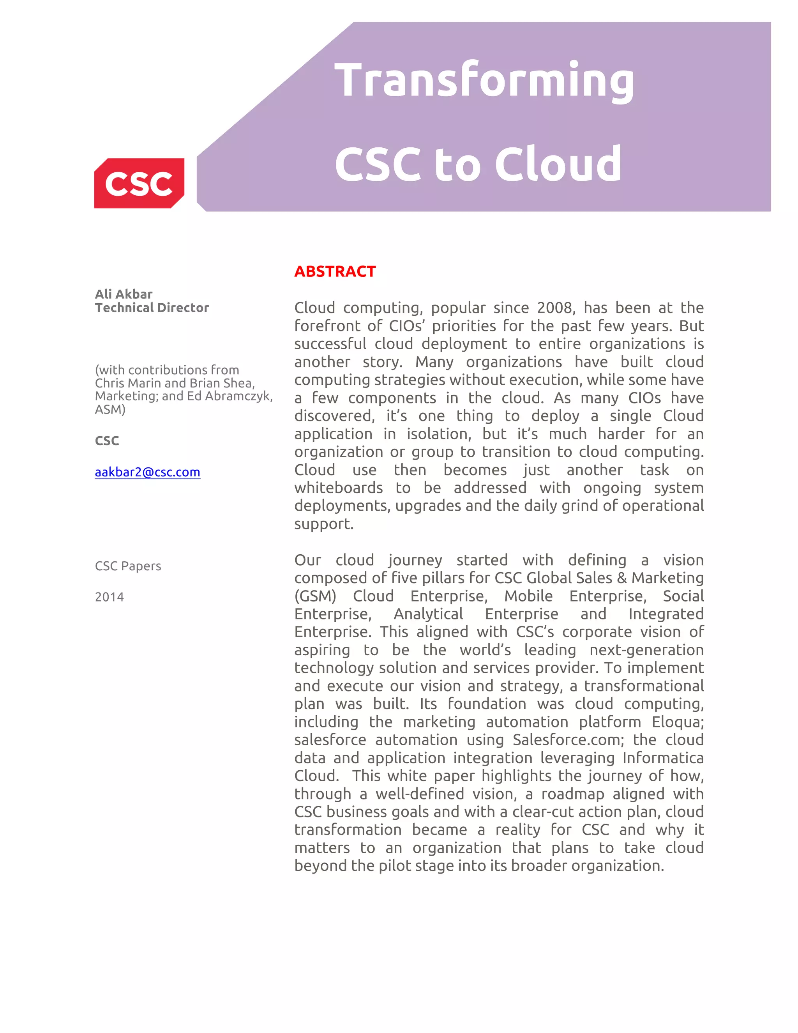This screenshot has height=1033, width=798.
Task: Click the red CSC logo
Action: [x=139, y=183]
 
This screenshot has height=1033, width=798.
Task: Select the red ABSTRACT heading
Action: [x=335, y=271]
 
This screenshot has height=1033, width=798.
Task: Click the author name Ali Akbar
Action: [x=124, y=294]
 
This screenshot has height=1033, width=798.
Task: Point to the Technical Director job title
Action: [x=152, y=308]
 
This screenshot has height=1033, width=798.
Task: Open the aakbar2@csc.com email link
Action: [x=148, y=472]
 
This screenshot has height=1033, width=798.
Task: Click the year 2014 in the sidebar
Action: [x=109, y=597]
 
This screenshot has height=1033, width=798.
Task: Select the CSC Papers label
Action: [x=128, y=566]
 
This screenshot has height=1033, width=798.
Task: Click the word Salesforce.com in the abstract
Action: [x=568, y=740]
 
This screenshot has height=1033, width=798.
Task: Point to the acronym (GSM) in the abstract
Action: [x=315, y=596]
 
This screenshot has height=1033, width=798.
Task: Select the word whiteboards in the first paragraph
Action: [x=339, y=488]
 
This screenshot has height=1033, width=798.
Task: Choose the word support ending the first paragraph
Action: [x=323, y=524]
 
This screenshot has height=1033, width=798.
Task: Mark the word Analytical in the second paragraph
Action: [x=428, y=614]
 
